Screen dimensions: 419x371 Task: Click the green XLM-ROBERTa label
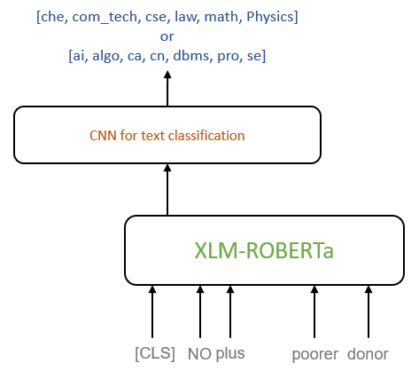click(x=264, y=250)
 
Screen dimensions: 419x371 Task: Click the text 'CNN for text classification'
click(x=167, y=136)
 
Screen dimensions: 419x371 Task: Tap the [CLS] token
click(x=155, y=353)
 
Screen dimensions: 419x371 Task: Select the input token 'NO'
click(x=199, y=354)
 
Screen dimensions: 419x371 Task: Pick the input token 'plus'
click(x=230, y=354)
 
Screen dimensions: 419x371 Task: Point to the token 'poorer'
click(x=314, y=354)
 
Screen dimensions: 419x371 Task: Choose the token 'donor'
click(x=368, y=354)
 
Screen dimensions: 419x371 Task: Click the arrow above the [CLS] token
click(x=152, y=312)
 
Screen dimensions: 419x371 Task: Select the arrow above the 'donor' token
click(x=369, y=312)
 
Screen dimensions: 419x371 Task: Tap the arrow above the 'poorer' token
click(x=314, y=312)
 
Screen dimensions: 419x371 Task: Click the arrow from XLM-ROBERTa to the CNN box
click(x=167, y=190)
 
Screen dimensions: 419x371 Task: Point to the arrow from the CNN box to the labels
click(x=167, y=89)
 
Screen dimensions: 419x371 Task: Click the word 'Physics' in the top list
click(x=270, y=17)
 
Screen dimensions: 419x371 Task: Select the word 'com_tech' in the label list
click(x=105, y=17)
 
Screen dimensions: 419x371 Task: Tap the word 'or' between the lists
click(x=167, y=36)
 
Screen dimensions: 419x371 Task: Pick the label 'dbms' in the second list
click(x=191, y=56)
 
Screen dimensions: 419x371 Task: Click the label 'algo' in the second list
click(x=105, y=56)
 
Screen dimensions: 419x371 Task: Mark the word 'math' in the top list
click(x=221, y=17)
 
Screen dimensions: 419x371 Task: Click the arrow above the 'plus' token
click(x=230, y=312)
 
